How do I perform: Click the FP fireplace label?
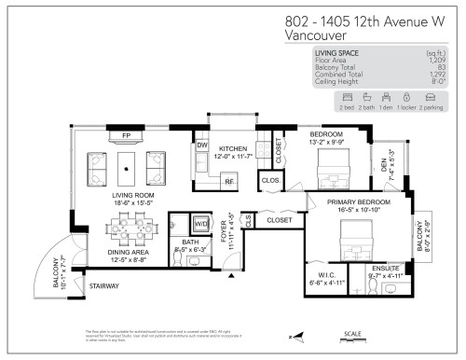pyautogui.click(x=126, y=135)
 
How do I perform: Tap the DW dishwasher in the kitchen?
pyautogui.click(x=202, y=145)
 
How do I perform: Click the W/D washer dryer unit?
pyautogui.click(x=201, y=225)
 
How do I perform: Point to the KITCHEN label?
pyautogui.click(x=232, y=148)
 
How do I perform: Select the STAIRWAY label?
pyautogui.click(x=103, y=285)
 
